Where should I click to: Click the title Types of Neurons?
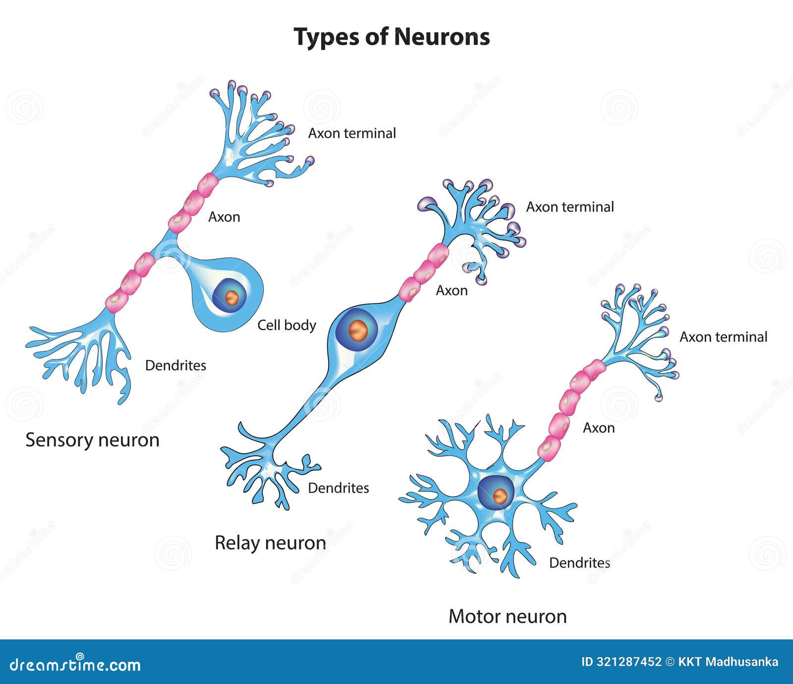[392, 37]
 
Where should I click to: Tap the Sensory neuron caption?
[92, 440]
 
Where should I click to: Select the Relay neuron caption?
[270, 543]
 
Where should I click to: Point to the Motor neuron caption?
[508, 616]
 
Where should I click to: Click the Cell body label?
[286, 325]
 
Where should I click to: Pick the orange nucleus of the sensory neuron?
[231, 297]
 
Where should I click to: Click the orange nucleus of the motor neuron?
[501, 495]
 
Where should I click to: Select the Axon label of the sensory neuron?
[224, 217]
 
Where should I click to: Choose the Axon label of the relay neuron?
[452, 290]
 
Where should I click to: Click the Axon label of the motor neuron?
[599, 427]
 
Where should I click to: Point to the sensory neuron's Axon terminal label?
[352, 133]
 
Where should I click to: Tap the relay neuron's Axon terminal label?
[570, 207]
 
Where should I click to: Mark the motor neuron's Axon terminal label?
[723, 337]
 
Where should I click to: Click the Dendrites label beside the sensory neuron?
[175, 366]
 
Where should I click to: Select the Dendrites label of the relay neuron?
[339, 488]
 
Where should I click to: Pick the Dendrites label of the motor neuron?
[579, 563]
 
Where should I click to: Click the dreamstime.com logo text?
[75, 664]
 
